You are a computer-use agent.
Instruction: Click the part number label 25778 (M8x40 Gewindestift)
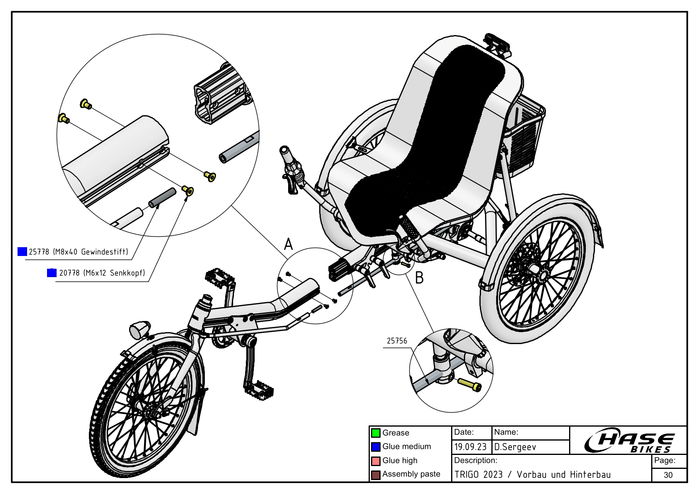[x=79, y=252]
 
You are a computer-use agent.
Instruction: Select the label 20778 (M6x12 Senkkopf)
[x=102, y=273]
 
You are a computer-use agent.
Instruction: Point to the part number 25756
[x=397, y=341]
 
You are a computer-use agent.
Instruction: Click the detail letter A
[x=289, y=244]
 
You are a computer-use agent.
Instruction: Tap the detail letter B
[x=419, y=278]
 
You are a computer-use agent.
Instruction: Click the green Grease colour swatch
[x=375, y=433]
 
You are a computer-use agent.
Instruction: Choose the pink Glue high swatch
[x=375, y=461]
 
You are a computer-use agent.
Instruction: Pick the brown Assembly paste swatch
[x=375, y=475]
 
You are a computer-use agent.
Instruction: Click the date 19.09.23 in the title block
[x=470, y=447]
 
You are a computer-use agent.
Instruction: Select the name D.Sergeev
[x=515, y=447]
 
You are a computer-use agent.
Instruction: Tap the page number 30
[x=668, y=475]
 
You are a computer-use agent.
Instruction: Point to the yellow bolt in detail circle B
[x=470, y=384]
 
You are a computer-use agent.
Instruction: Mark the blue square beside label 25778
[x=22, y=252]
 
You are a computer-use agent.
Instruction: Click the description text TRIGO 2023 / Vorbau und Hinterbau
[x=532, y=475]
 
